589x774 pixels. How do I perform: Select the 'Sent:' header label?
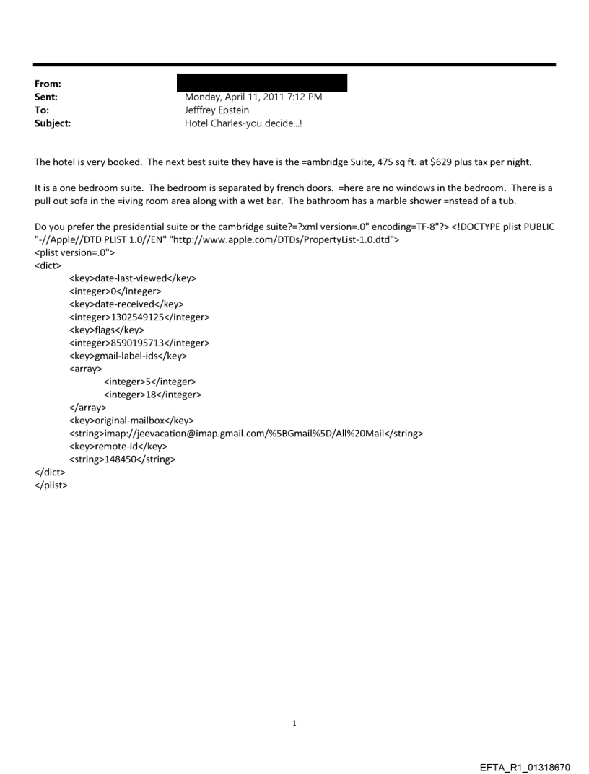[47, 97]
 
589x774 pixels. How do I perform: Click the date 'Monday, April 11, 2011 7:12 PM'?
[253, 97]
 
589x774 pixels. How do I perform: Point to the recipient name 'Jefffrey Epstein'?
[217, 110]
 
